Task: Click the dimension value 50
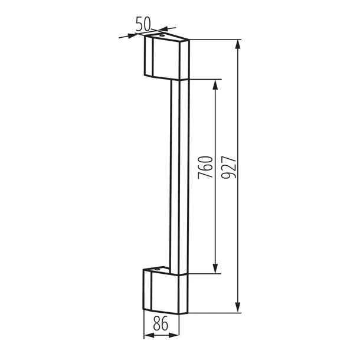point(143,24)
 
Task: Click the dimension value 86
point(161,323)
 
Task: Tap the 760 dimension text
point(205,167)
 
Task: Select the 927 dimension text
point(228,167)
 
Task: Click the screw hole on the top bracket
point(162,35)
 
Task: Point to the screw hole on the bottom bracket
point(157,269)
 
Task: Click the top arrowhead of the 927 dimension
point(238,44)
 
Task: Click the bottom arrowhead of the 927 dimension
point(238,307)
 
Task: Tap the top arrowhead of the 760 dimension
point(215,84)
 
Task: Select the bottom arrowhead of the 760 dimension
point(215,269)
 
